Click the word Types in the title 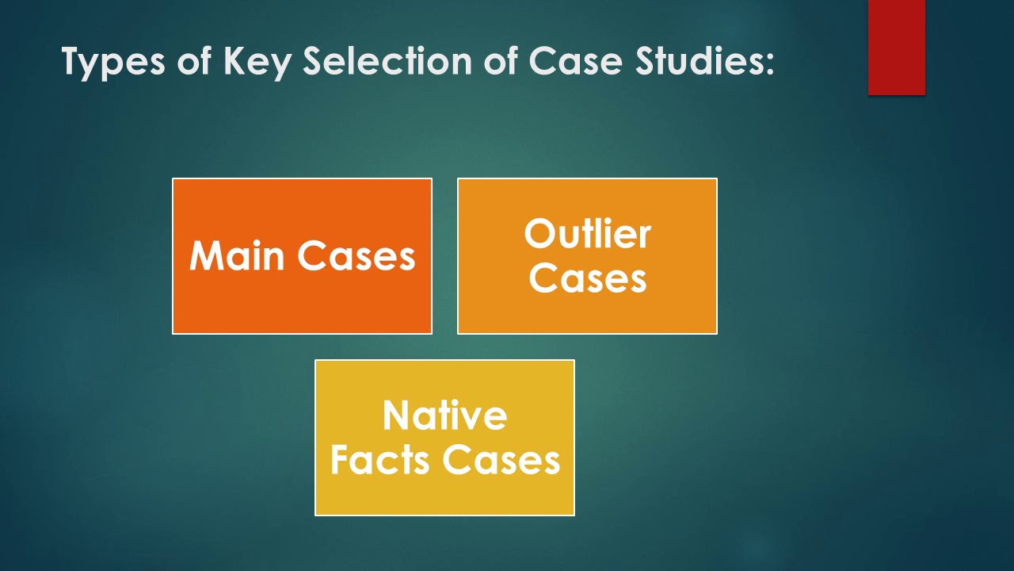click(113, 62)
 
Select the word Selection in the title click(387, 61)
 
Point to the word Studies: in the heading click(704, 61)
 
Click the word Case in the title click(576, 61)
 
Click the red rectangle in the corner click(896, 47)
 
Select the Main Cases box click(302, 256)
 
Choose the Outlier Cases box click(587, 256)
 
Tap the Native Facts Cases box click(444, 438)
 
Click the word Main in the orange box click(237, 255)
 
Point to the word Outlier click(588, 233)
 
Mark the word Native click(445, 415)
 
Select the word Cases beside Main click(356, 256)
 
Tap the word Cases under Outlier click(588, 278)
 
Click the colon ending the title click(769, 65)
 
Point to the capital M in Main click(205, 255)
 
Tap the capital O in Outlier click(539, 233)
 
